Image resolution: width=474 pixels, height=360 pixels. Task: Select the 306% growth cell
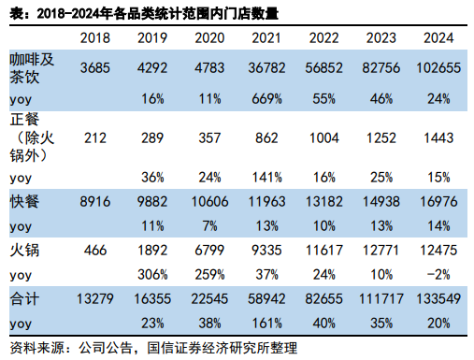[x=151, y=274]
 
